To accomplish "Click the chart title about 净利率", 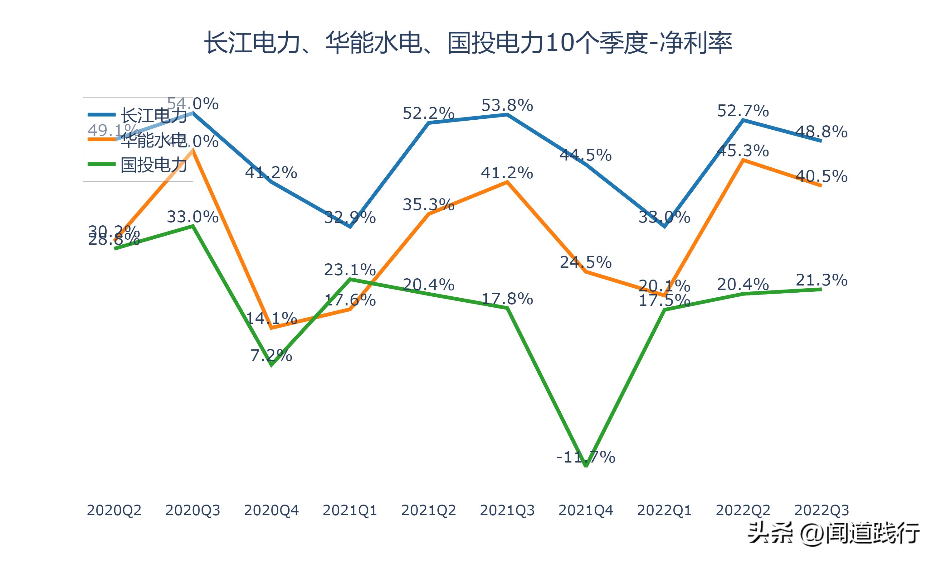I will click(x=468, y=43).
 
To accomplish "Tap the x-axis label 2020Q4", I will click(x=271, y=510).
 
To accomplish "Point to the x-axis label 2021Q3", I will click(x=507, y=510).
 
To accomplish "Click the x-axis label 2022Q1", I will click(x=664, y=510).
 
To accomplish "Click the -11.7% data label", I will click(x=586, y=457).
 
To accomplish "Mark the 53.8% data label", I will click(x=507, y=105).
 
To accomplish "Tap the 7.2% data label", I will click(x=271, y=355).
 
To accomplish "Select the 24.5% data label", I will click(x=586, y=262).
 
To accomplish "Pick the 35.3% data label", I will click(x=429, y=204).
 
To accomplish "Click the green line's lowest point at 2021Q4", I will click(x=586, y=466).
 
